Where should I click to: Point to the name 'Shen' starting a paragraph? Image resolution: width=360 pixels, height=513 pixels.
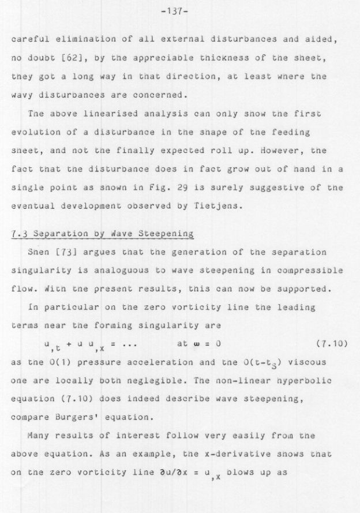38,252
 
